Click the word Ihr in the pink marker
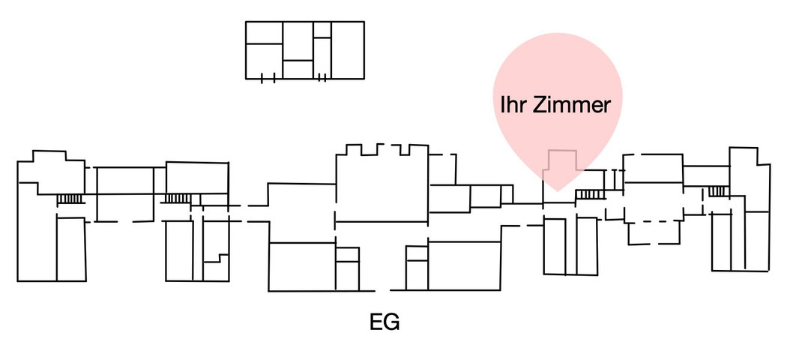(514, 105)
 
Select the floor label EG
(385, 322)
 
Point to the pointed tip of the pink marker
(558, 190)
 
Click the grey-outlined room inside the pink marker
(563, 169)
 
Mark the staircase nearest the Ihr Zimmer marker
(590, 195)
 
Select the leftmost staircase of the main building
(70, 199)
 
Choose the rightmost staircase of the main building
(717, 191)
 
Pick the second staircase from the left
(178, 198)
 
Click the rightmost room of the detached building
(348, 49)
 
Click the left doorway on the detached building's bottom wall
(268, 78)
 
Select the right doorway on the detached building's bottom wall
(322, 78)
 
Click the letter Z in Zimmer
(539, 105)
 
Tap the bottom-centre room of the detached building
(298, 69)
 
